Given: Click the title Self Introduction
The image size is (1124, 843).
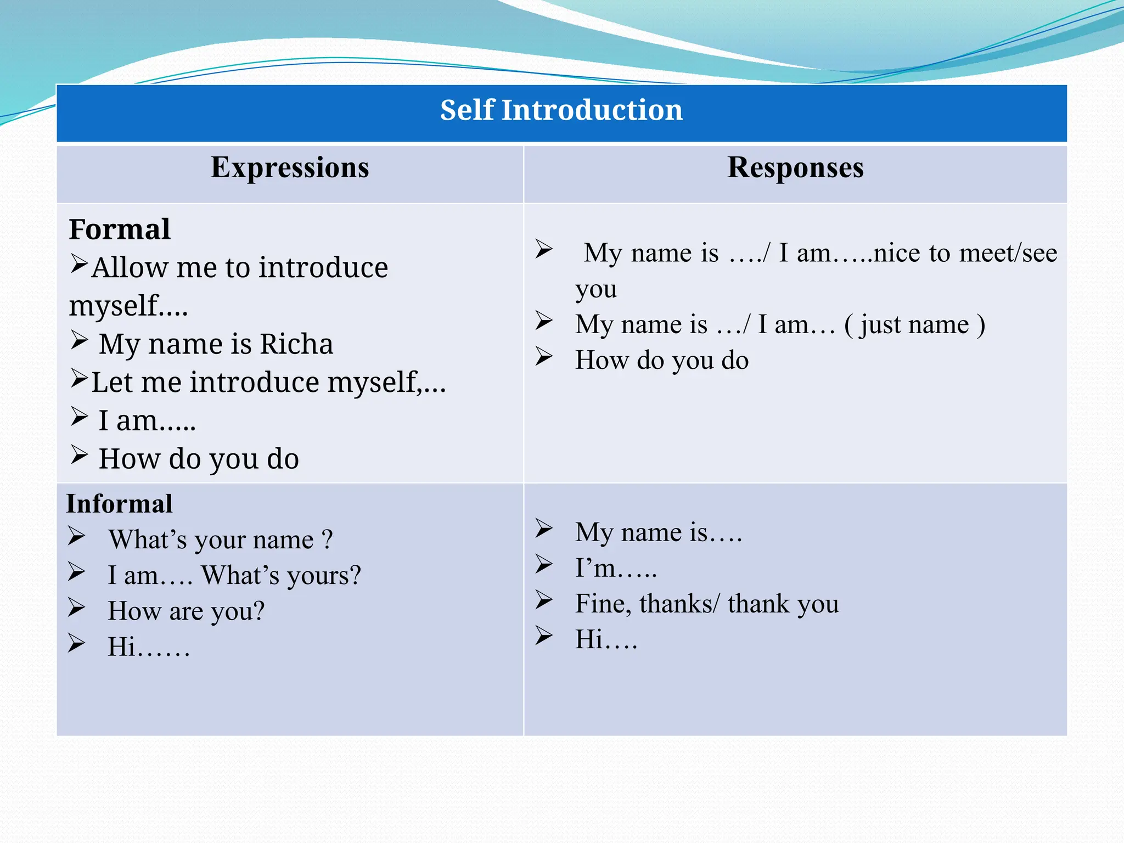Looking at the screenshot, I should coord(561,110).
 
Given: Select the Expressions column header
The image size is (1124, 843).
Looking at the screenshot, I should coord(290,168).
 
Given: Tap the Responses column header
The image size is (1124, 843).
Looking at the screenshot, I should coord(795,168).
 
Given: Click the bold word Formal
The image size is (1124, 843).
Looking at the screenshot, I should coord(120,229).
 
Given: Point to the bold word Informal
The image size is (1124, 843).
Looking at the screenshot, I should coord(120,504).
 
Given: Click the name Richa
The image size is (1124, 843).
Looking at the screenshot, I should coord(296,345).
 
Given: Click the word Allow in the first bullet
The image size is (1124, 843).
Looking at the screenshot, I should coord(130,268).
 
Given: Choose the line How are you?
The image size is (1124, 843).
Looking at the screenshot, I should coord(186,611).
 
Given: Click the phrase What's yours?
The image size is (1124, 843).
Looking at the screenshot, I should coord(281,576).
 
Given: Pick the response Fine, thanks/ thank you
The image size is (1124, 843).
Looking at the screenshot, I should coord(707,604).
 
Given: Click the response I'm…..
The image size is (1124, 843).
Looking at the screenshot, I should coord(615,568).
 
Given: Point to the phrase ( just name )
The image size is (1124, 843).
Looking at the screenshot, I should coord(914,324).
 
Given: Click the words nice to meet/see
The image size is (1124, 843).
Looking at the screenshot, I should coord(965,253).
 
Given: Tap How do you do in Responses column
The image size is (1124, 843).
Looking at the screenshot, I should coord(661,361).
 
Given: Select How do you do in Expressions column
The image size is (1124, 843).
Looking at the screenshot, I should coord(199,459).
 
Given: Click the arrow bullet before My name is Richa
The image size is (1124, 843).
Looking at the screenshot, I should coord(80,341).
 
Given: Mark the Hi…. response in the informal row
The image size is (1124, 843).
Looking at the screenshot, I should coord(606,639).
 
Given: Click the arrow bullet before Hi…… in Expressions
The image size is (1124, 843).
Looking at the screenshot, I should coord(77,643).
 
